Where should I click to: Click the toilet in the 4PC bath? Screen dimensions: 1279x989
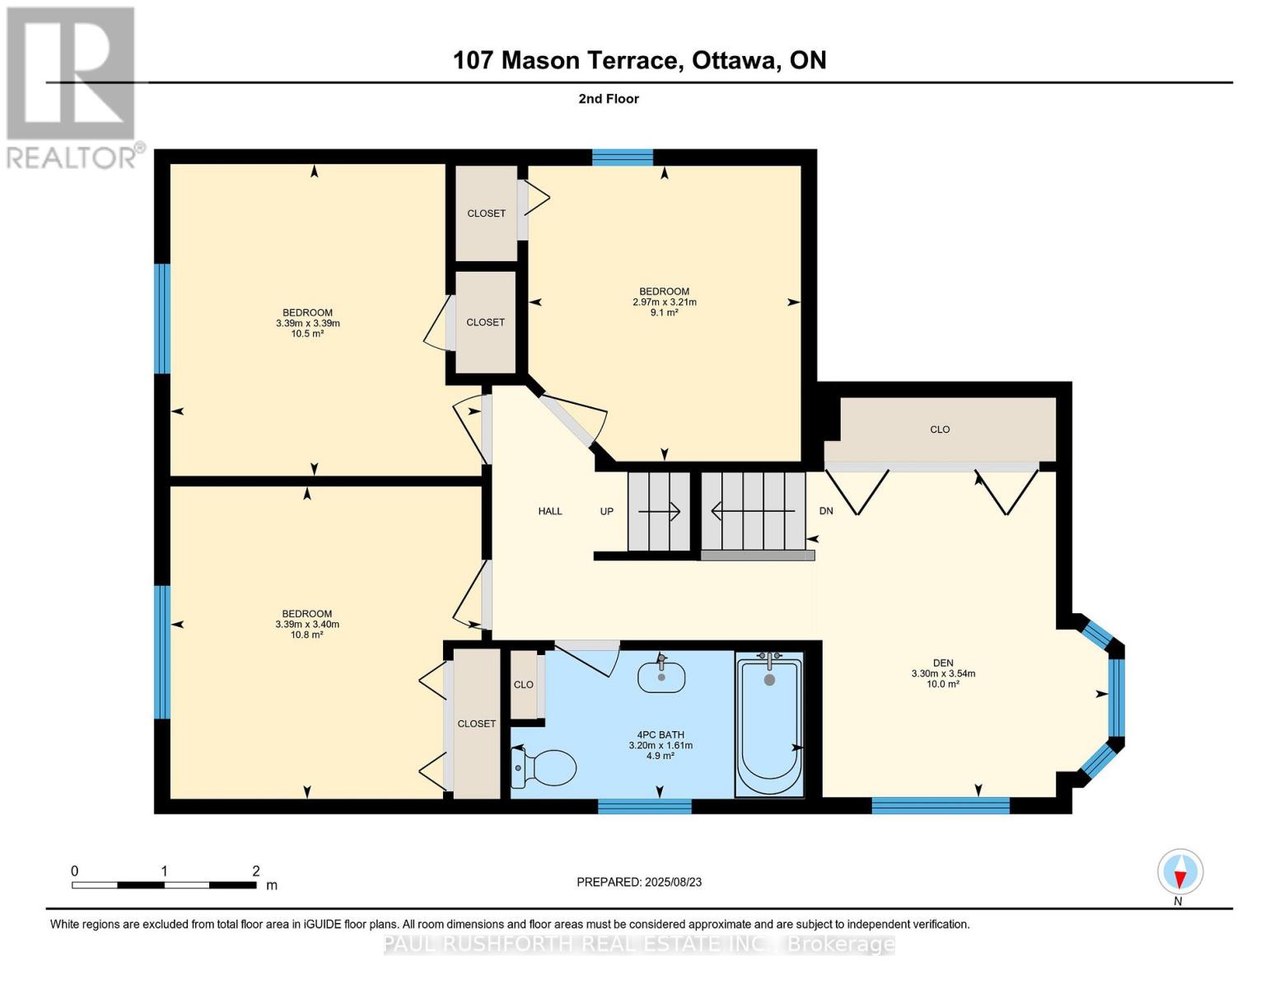pos(543,766)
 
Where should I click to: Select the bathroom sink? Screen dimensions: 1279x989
pos(661,675)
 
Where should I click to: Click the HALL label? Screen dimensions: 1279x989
pos(550,511)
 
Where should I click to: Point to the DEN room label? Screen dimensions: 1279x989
pos(943,663)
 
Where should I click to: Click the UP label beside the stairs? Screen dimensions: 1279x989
pos(606,511)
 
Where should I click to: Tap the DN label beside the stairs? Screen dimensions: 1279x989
pos(826,511)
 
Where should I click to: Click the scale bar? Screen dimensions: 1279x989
pos(164,884)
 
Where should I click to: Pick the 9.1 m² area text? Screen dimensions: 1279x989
pos(664,313)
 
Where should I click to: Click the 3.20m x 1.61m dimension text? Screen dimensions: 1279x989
pos(661,745)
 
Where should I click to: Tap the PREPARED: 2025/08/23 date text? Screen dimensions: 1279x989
pos(638,882)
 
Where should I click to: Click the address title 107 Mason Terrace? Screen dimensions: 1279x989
pos(567,60)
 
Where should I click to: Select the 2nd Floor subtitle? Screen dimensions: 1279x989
pos(608,99)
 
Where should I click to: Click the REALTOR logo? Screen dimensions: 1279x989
pos(73,88)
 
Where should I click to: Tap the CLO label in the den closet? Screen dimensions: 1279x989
pos(940,429)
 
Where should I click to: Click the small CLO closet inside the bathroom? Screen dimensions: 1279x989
pos(523,684)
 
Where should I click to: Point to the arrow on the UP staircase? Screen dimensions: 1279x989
pos(659,511)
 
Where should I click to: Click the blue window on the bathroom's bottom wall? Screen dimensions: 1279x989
pos(645,806)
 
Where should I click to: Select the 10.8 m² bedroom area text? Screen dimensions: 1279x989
pos(306,635)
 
